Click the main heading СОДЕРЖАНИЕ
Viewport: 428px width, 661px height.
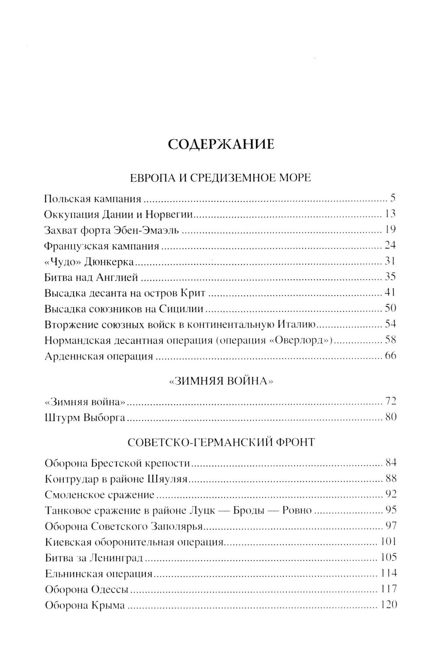[220, 144]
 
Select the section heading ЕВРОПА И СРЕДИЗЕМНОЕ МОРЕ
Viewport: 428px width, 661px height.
[220, 178]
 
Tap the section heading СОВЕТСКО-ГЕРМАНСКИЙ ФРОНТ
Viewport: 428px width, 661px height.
[221, 442]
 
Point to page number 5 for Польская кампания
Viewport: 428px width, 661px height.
[392, 199]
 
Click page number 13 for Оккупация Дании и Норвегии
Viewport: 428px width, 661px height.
[390, 214]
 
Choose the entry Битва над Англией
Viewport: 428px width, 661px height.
[91, 277]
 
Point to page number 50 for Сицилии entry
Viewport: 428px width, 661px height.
[390, 308]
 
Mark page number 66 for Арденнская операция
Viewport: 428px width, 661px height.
[390, 356]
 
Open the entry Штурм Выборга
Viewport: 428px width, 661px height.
[84, 417]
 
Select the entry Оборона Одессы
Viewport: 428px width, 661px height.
[86, 589]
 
